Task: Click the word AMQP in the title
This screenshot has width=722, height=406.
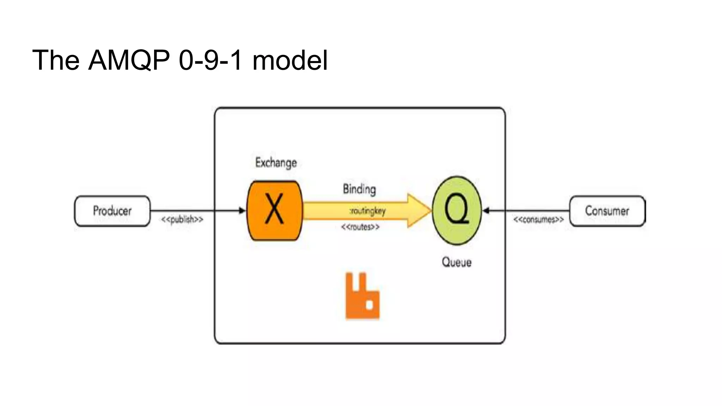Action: point(129,60)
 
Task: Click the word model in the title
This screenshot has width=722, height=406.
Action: point(290,60)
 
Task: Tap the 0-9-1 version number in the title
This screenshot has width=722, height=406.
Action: point(210,60)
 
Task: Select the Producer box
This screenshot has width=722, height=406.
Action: point(112,211)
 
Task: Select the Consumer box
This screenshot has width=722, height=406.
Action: point(607,211)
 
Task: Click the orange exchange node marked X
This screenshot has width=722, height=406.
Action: point(274,210)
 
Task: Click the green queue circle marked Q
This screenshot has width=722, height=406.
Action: point(457,210)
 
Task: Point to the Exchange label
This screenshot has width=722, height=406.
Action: point(276,162)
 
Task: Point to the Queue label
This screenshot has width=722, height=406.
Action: point(457,262)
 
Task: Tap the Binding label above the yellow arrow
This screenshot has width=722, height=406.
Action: point(359,189)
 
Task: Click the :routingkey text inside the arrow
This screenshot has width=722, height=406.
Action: point(367,211)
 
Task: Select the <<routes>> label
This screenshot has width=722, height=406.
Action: point(360,227)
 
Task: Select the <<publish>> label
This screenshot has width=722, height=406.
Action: point(182,220)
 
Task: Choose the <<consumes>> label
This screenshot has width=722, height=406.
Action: point(538,220)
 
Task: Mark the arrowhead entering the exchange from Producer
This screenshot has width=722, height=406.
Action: point(242,211)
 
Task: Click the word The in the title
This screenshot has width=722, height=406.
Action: point(56,60)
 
